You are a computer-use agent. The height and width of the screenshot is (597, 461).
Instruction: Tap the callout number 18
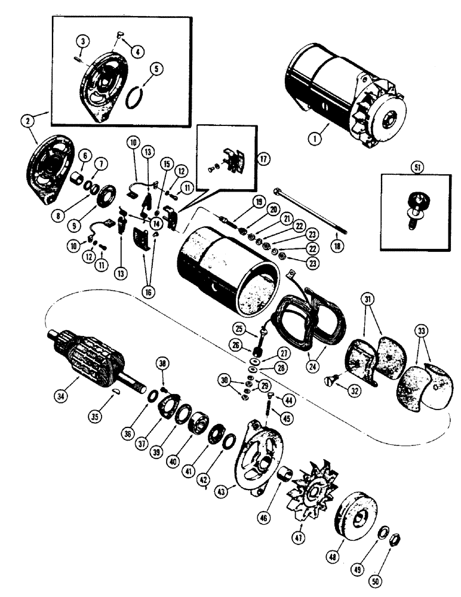339,245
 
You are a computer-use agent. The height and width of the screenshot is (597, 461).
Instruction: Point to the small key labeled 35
117,391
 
